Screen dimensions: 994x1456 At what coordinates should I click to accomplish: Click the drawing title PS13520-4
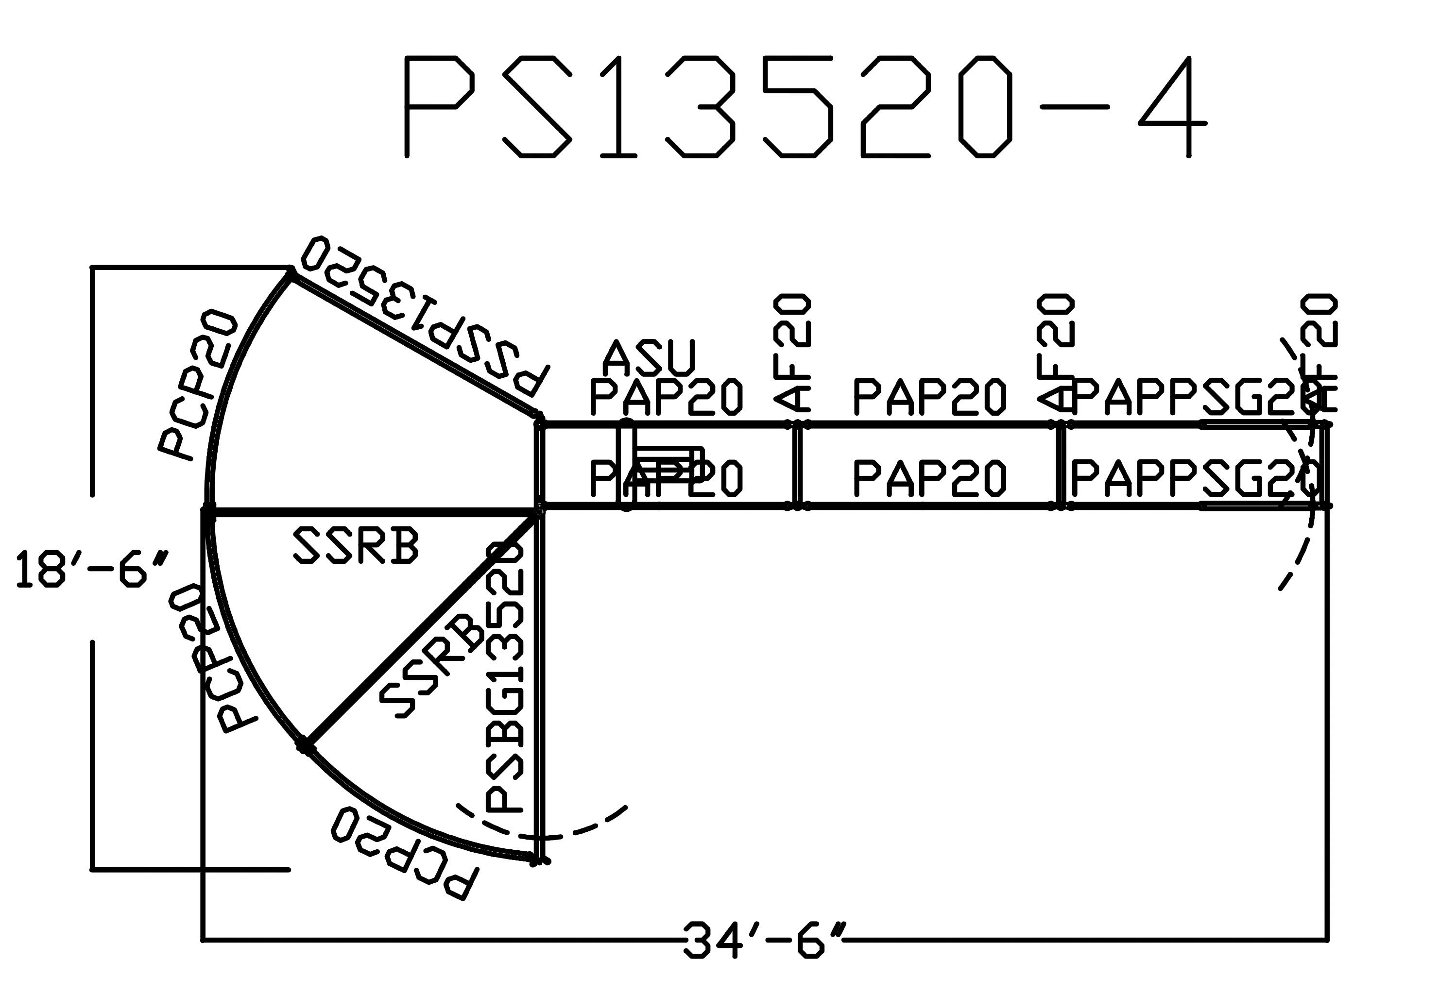(805, 106)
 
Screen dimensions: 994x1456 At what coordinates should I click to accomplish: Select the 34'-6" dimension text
(764, 940)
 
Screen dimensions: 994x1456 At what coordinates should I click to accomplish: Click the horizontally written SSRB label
(355, 545)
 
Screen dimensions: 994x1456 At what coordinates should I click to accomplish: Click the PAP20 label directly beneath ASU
(666, 396)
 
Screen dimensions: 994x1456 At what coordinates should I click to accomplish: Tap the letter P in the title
(439, 106)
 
